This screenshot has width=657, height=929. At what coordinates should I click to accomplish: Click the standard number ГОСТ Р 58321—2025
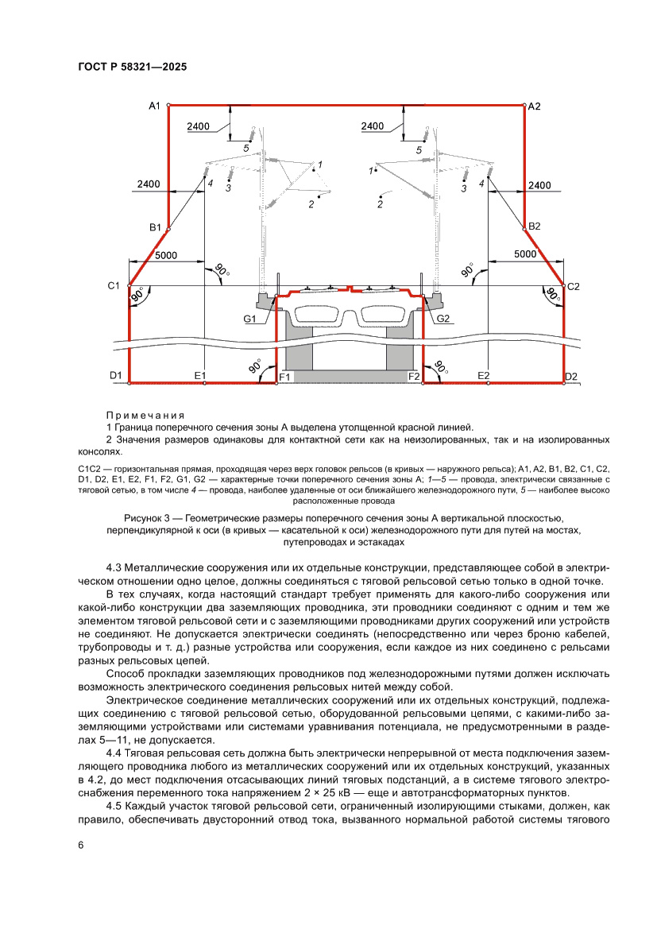click(133, 68)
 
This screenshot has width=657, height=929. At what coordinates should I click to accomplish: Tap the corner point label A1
click(155, 106)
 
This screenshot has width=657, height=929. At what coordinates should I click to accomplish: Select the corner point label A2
click(534, 106)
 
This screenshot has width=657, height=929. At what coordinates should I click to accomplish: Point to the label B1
click(155, 227)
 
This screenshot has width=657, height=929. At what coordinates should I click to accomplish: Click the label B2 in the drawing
click(534, 226)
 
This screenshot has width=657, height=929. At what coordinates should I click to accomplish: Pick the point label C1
click(113, 285)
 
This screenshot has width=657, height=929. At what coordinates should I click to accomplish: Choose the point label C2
click(574, 285)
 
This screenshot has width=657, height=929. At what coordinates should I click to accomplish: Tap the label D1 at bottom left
click(115, 375)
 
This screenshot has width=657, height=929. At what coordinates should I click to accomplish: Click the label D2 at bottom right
click(570, 375)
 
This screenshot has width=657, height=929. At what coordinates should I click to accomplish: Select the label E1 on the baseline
click(199, 375)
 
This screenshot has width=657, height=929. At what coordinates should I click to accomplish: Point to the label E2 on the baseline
click(484, 375)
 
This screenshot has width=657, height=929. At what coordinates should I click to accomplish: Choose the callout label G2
click(443, 319)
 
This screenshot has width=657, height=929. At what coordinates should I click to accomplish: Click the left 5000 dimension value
click(166, 255)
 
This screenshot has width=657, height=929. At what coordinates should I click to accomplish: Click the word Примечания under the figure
click(145, 416)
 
